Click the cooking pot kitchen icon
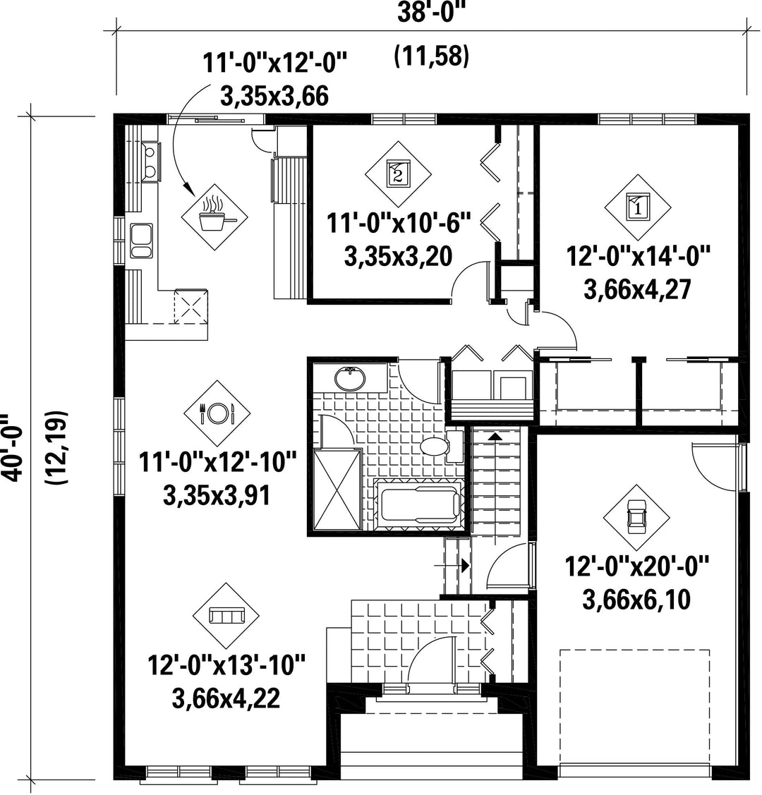[x=215, y=217]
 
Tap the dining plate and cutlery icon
[x=217, y=413]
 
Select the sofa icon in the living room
[x=226, y=616]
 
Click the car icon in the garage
[x=637, y=518]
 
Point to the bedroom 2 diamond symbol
[x=399, y=174]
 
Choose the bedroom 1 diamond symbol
[x=638, y=207]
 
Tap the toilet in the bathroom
[x=441, y=446]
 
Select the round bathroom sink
[x=350, y=378]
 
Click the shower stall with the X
[x=338, y=490]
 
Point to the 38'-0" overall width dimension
[x=431, y=12]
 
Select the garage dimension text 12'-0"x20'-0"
[x=637, y=566]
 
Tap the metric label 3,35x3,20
[x=399, y=257]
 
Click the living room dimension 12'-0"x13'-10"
[x=226, y=665]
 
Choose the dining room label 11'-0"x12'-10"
[x=217, y=463]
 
